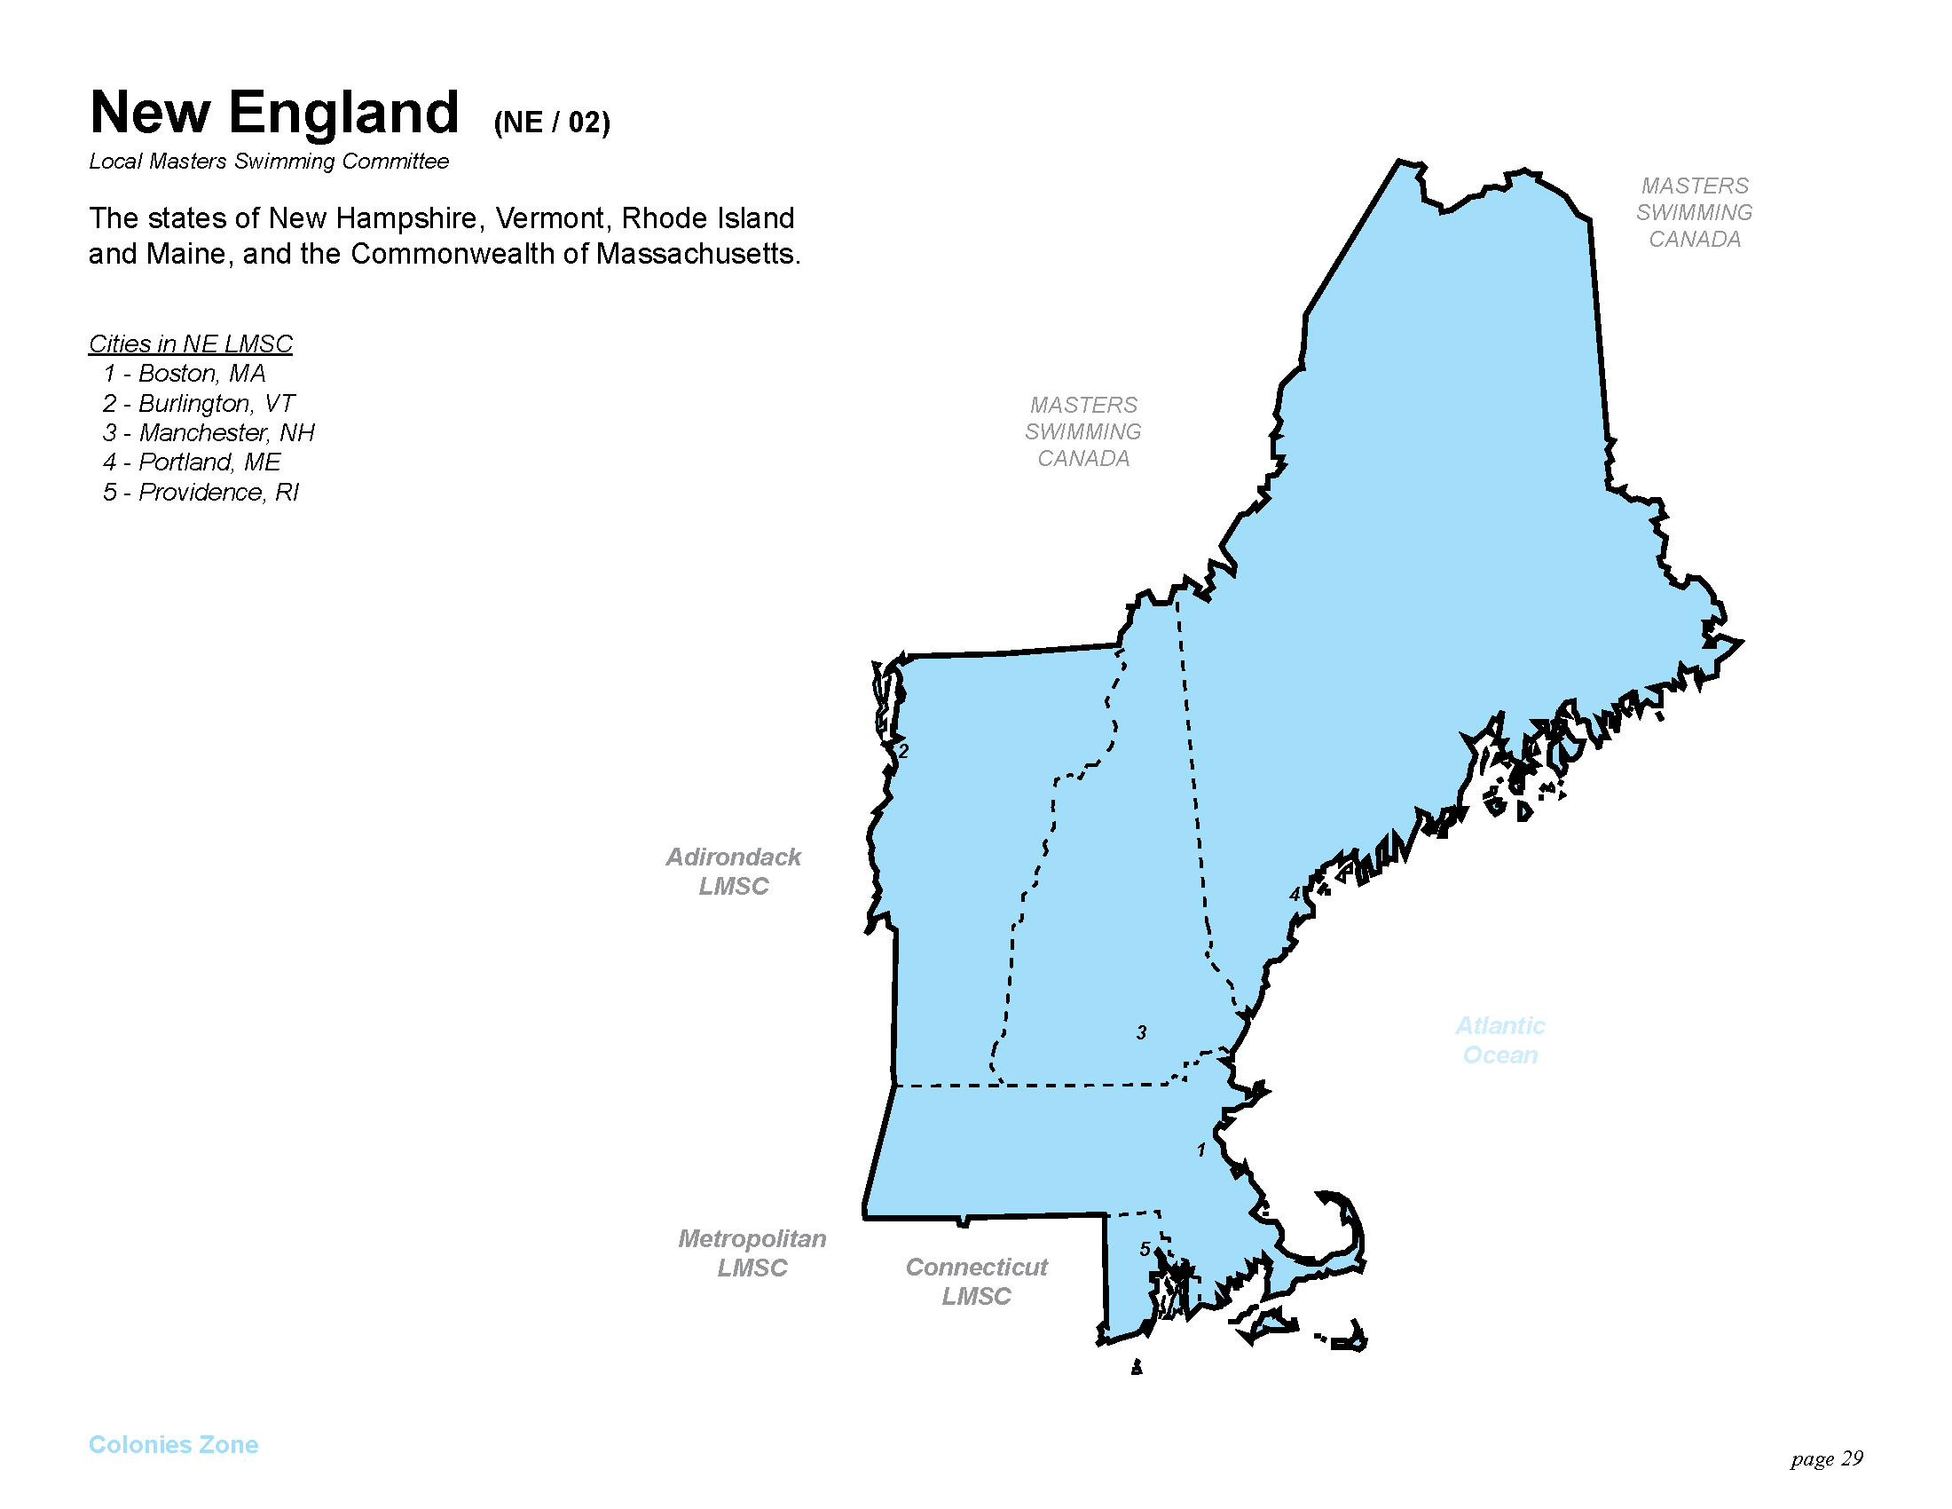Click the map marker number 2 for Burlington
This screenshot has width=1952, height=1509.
tap(903, 751)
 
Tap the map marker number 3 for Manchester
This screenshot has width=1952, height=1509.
tap(1141, 1032)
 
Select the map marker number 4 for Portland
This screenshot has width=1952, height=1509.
tap(1295, 894)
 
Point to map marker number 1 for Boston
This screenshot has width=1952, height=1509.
tap(1201, 1150)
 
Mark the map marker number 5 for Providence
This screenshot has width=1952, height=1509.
tap(1145, 1249)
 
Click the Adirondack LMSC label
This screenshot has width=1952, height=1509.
tap(733, 872)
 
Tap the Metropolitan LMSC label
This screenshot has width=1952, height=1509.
tap(752, 1252)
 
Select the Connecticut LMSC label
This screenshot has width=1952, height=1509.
tap(976, 1281)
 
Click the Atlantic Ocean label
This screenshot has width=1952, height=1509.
tap(1499, 1039)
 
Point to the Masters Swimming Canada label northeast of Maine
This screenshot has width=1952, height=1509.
tap(1695, 213)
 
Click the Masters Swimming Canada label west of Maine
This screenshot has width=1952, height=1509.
tap(1083, 431)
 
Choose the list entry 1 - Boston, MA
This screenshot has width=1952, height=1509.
tap(185, 373)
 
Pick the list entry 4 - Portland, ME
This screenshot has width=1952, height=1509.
tap(192, 462)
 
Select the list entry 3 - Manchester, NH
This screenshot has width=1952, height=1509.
tap(209, 432)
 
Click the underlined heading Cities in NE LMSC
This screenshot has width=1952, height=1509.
tap(191, 344)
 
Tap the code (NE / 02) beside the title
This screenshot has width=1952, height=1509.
tap(552, 122)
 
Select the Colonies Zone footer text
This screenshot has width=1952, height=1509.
tap(173, 1444)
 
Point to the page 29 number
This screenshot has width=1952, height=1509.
tap(1826, 1459)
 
